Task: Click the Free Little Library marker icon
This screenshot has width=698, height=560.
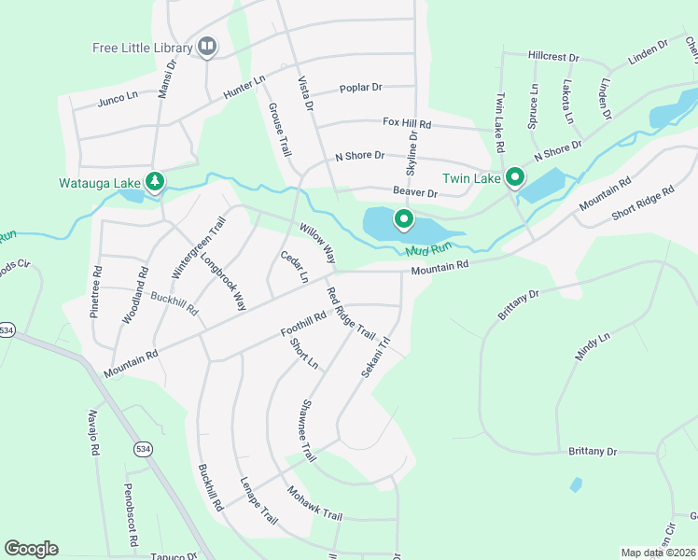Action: click(207, 47)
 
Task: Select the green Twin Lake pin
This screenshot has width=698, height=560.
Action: click(514, 177)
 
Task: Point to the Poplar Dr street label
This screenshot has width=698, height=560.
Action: click(361, 87)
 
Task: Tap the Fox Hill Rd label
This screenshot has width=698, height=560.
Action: click(407, 122)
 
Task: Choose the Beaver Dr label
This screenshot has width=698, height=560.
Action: click(415, 192)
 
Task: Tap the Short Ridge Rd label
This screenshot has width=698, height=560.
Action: click(642, 204)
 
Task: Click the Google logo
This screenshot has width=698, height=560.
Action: click(31, 549)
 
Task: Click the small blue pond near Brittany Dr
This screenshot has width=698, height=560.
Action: click(576, 484)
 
